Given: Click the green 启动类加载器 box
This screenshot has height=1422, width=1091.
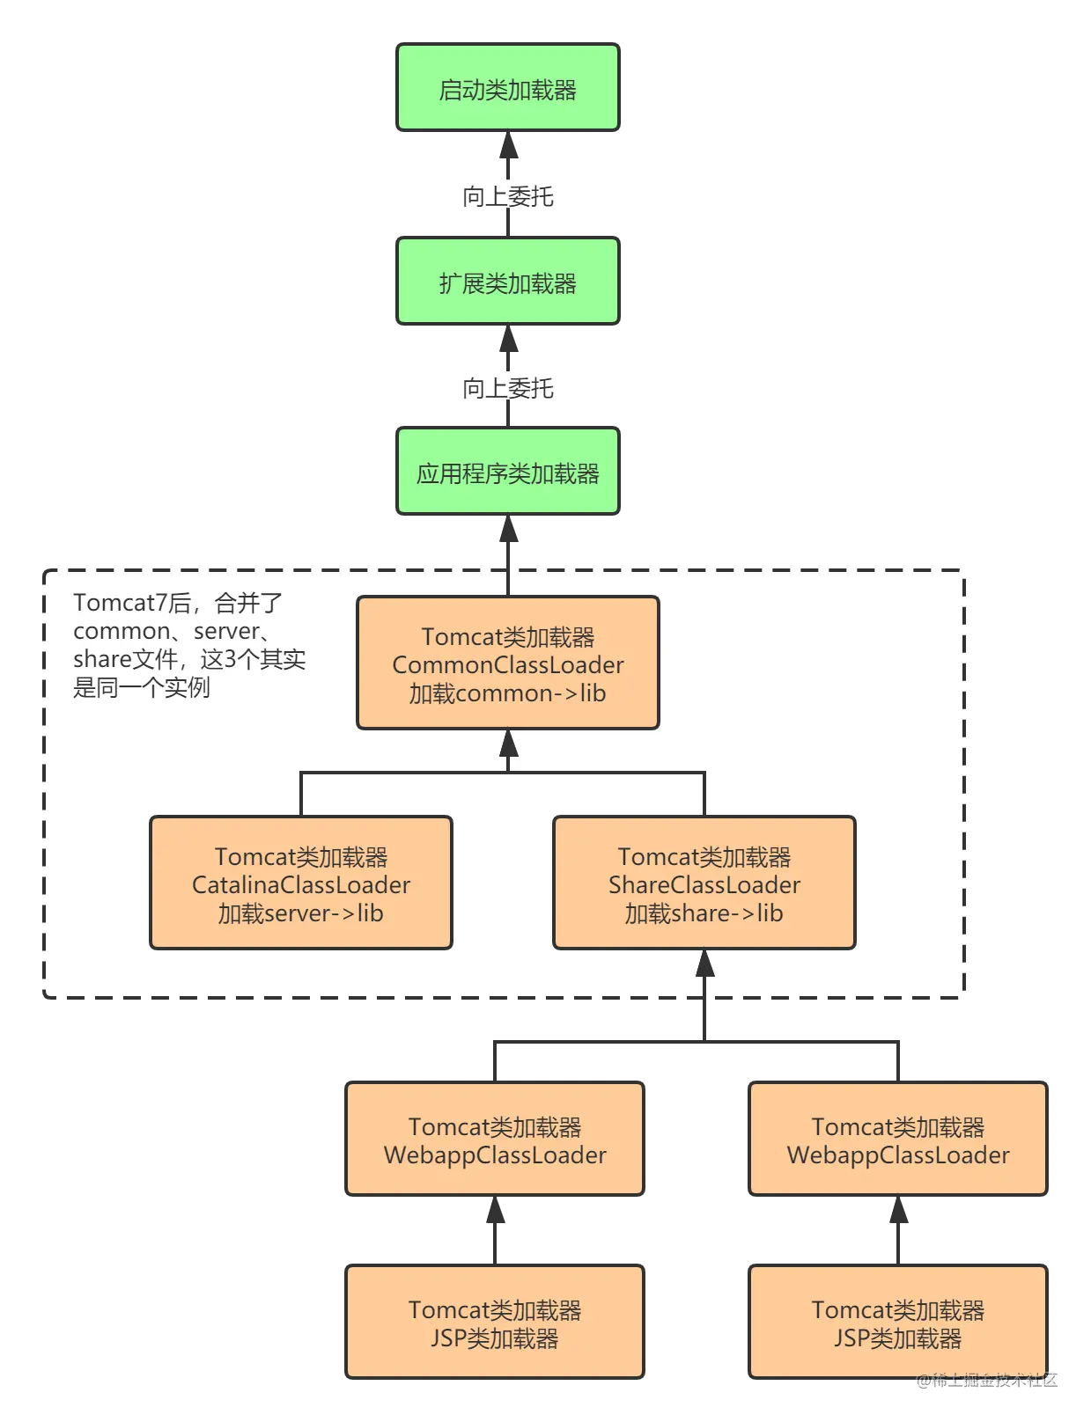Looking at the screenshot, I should click(508, 90).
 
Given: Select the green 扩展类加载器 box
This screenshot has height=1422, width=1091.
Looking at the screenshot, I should click(508, 282).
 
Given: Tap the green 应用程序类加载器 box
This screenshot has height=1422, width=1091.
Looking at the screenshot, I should click(508, 473).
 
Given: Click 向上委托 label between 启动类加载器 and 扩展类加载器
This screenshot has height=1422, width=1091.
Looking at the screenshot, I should click(508, 196).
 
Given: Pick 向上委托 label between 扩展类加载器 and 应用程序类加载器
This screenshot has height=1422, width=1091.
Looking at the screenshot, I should click(508, 387).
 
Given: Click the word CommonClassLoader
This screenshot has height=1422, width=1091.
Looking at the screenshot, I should click(508, 665).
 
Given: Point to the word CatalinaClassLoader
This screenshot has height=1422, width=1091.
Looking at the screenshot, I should click(301, 885).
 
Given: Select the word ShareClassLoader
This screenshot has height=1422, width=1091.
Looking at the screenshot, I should click(704, 885).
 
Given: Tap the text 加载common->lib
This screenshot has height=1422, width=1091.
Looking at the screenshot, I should click(508, 693).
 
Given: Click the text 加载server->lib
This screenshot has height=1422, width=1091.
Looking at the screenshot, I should click(301, 913).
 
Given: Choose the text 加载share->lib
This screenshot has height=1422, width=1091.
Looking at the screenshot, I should click(704, 913).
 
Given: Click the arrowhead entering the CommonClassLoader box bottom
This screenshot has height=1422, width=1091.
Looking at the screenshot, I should click(508, 744).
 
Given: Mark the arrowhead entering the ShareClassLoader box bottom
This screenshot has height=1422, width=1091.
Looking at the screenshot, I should click(704, 964).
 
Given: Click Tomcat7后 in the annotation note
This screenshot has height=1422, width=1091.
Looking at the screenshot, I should click(132, 603).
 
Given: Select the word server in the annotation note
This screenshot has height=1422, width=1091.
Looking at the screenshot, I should click(226, 631).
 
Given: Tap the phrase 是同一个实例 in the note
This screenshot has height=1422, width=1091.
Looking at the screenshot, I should click(142, 687).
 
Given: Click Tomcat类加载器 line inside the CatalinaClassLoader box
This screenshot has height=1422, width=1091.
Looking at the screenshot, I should click(301, 857).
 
